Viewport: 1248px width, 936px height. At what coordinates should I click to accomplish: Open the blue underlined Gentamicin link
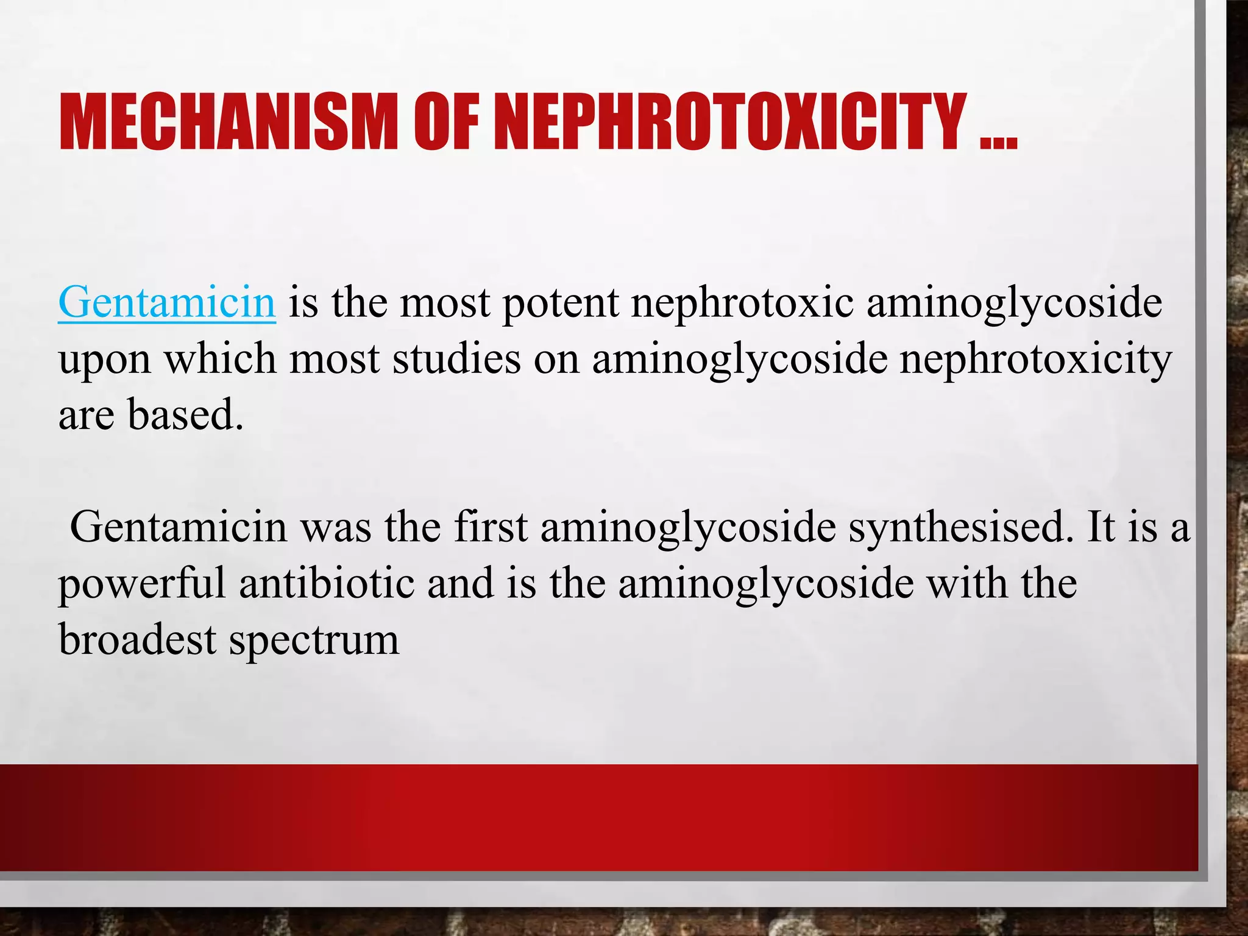167,302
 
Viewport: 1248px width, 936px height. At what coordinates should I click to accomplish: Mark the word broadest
138,640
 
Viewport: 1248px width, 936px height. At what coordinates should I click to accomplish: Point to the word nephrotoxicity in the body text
1036,360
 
